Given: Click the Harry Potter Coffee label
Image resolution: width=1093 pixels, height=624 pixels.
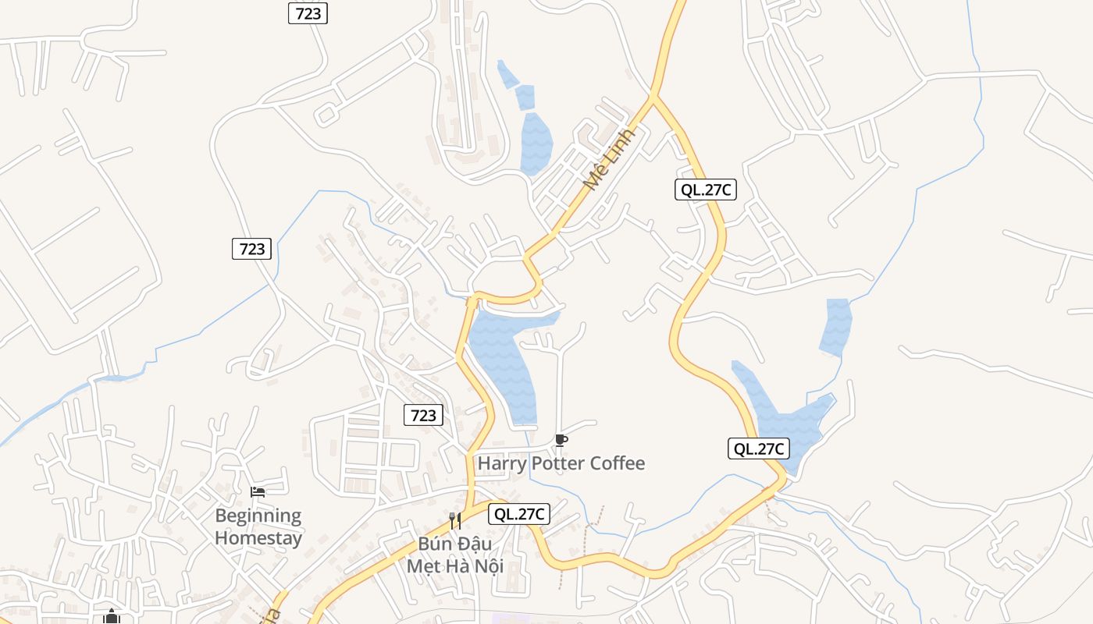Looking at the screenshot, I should tap(561, 463).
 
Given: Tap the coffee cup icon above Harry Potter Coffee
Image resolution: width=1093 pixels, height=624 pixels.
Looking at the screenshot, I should tap(561, 441).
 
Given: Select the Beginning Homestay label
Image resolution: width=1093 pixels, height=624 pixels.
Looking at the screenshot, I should tap(258, 526).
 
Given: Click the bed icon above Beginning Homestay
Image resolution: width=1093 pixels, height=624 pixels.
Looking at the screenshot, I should tap(258, 492).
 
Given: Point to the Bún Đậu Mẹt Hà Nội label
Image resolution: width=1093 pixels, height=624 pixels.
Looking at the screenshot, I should tap(455, 555).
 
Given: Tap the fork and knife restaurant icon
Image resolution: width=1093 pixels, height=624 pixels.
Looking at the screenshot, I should tap(454, 520).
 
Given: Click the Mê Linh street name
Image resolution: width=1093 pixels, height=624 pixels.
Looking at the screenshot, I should tap(610, 160).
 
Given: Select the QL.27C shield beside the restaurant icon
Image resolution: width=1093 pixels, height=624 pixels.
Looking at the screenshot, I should tap(519, 514).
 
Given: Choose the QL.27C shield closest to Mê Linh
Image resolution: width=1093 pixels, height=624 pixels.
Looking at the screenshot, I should tap(706, 190).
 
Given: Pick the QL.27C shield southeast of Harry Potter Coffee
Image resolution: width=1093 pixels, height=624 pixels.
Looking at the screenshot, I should tap(759, 448).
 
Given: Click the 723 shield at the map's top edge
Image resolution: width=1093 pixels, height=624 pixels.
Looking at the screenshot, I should tap(308, 13).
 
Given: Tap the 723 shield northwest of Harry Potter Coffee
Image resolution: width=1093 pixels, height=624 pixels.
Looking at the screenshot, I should tap(424, 415).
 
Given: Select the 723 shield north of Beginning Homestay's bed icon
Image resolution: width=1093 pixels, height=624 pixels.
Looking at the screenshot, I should tap(252, 249).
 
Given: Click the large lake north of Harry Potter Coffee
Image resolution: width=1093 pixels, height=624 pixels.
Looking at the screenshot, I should tap(504, 359).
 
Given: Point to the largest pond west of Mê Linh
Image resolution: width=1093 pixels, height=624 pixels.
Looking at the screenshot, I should tap(536, 144).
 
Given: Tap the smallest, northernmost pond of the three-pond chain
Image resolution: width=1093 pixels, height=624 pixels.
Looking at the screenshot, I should tap(507, 75).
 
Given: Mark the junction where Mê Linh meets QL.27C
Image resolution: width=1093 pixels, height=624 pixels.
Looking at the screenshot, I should tap(653, 97).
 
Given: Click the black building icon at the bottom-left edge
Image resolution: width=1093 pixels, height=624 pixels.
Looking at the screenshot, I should tap(112, 618).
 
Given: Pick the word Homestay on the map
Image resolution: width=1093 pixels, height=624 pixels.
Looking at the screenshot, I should tap(258, 537).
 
